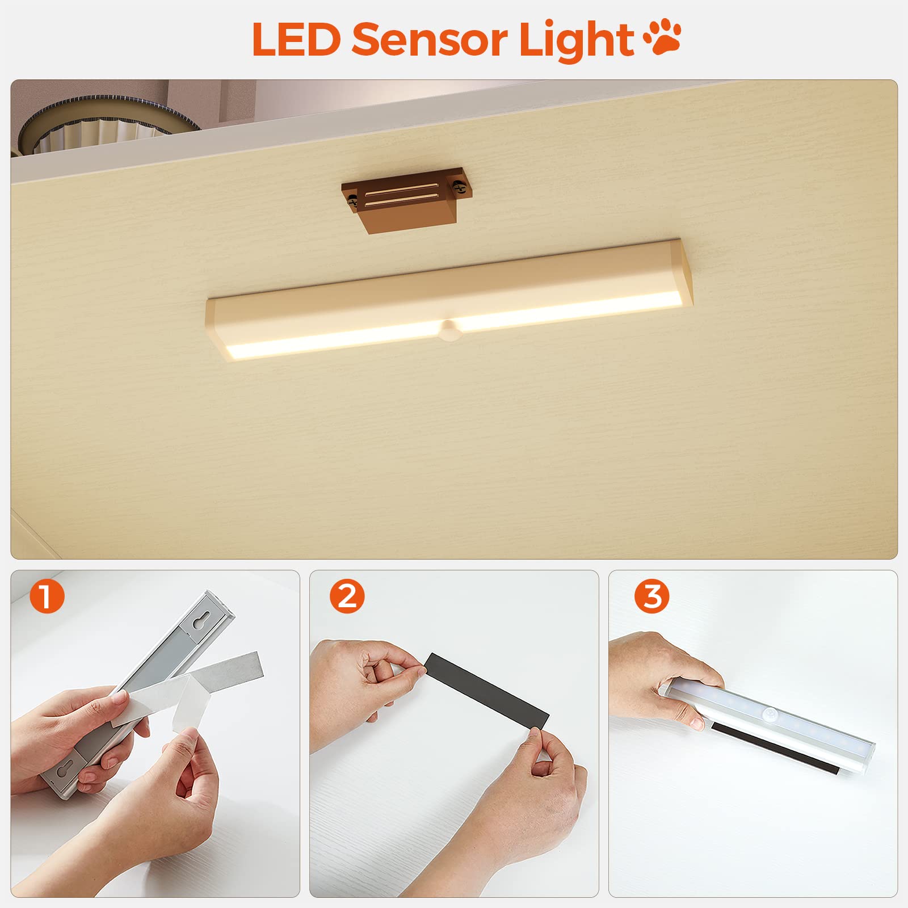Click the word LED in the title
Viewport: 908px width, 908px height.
pos(296,39)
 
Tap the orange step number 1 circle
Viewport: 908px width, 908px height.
pos(47,596)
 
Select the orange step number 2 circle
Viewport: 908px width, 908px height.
pos(347,596)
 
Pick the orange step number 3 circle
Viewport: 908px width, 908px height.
pos(652,596)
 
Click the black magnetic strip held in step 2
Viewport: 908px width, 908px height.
pos(487,692)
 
